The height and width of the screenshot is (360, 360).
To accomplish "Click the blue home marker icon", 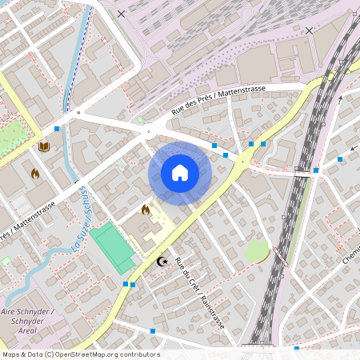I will point(180,173).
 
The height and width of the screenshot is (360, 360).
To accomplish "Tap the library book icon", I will point(43,146).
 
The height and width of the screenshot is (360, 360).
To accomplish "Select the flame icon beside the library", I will point(35,173).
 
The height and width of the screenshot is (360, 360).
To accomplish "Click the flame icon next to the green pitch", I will point(146,210).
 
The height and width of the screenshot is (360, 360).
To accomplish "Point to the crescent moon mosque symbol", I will point(163,261).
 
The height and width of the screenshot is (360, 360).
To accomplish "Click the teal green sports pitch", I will point(112,247).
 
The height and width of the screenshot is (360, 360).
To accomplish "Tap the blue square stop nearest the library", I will point(57,128).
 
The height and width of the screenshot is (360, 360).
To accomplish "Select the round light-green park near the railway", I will point(256,251).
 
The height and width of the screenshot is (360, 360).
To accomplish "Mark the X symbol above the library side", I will point(121,14).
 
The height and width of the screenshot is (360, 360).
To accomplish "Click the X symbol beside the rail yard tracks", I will point(309,30).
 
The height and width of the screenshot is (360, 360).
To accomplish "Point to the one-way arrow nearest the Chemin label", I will point(352,149).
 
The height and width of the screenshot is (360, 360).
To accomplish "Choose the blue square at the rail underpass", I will point(316,170).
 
